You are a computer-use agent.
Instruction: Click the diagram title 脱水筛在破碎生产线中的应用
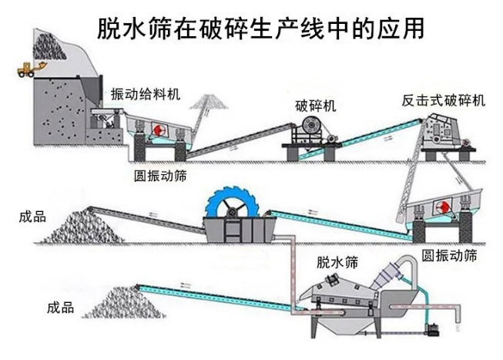261,29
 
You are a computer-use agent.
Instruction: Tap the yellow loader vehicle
31,69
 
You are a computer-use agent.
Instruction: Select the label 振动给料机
146,94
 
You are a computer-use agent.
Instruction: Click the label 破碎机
315,106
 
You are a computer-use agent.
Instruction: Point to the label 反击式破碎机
444,100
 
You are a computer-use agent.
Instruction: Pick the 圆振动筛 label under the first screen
160,176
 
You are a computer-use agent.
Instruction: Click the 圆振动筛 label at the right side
449,256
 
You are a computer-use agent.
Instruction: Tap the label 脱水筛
337,262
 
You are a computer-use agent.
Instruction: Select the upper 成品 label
32,217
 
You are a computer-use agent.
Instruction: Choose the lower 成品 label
60,308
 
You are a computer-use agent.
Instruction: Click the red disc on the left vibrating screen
159,130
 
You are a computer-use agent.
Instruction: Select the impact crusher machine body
443,131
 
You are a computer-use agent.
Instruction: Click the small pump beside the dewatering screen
432,330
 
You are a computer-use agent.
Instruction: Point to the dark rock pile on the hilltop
49,46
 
